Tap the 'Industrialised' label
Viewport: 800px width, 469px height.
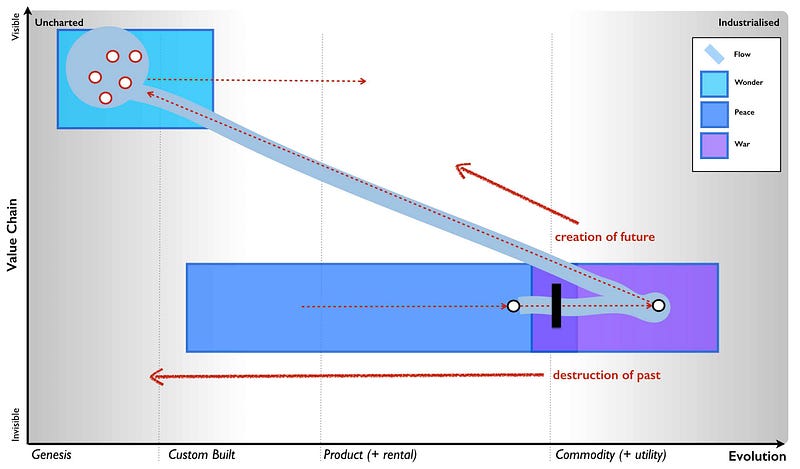pos(748,21)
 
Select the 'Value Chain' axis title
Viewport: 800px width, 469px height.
pos(14,235)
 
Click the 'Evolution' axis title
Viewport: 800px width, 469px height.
pos(757,455)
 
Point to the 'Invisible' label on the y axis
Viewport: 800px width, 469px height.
pos(14,419)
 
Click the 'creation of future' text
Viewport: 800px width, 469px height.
pos(604,237)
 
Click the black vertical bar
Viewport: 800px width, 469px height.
pos(556,305)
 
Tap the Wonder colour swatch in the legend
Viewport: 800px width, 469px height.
pos(713,82)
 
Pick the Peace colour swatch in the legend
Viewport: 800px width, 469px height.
pos(713,114)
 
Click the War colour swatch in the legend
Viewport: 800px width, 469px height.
pos(713,145)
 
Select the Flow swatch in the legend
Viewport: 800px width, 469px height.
pos(713,54)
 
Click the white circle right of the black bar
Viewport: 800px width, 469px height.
pos(658,305)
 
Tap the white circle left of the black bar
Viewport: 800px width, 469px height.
pos(513,306)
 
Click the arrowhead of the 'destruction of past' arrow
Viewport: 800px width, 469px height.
pos(153,377)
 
